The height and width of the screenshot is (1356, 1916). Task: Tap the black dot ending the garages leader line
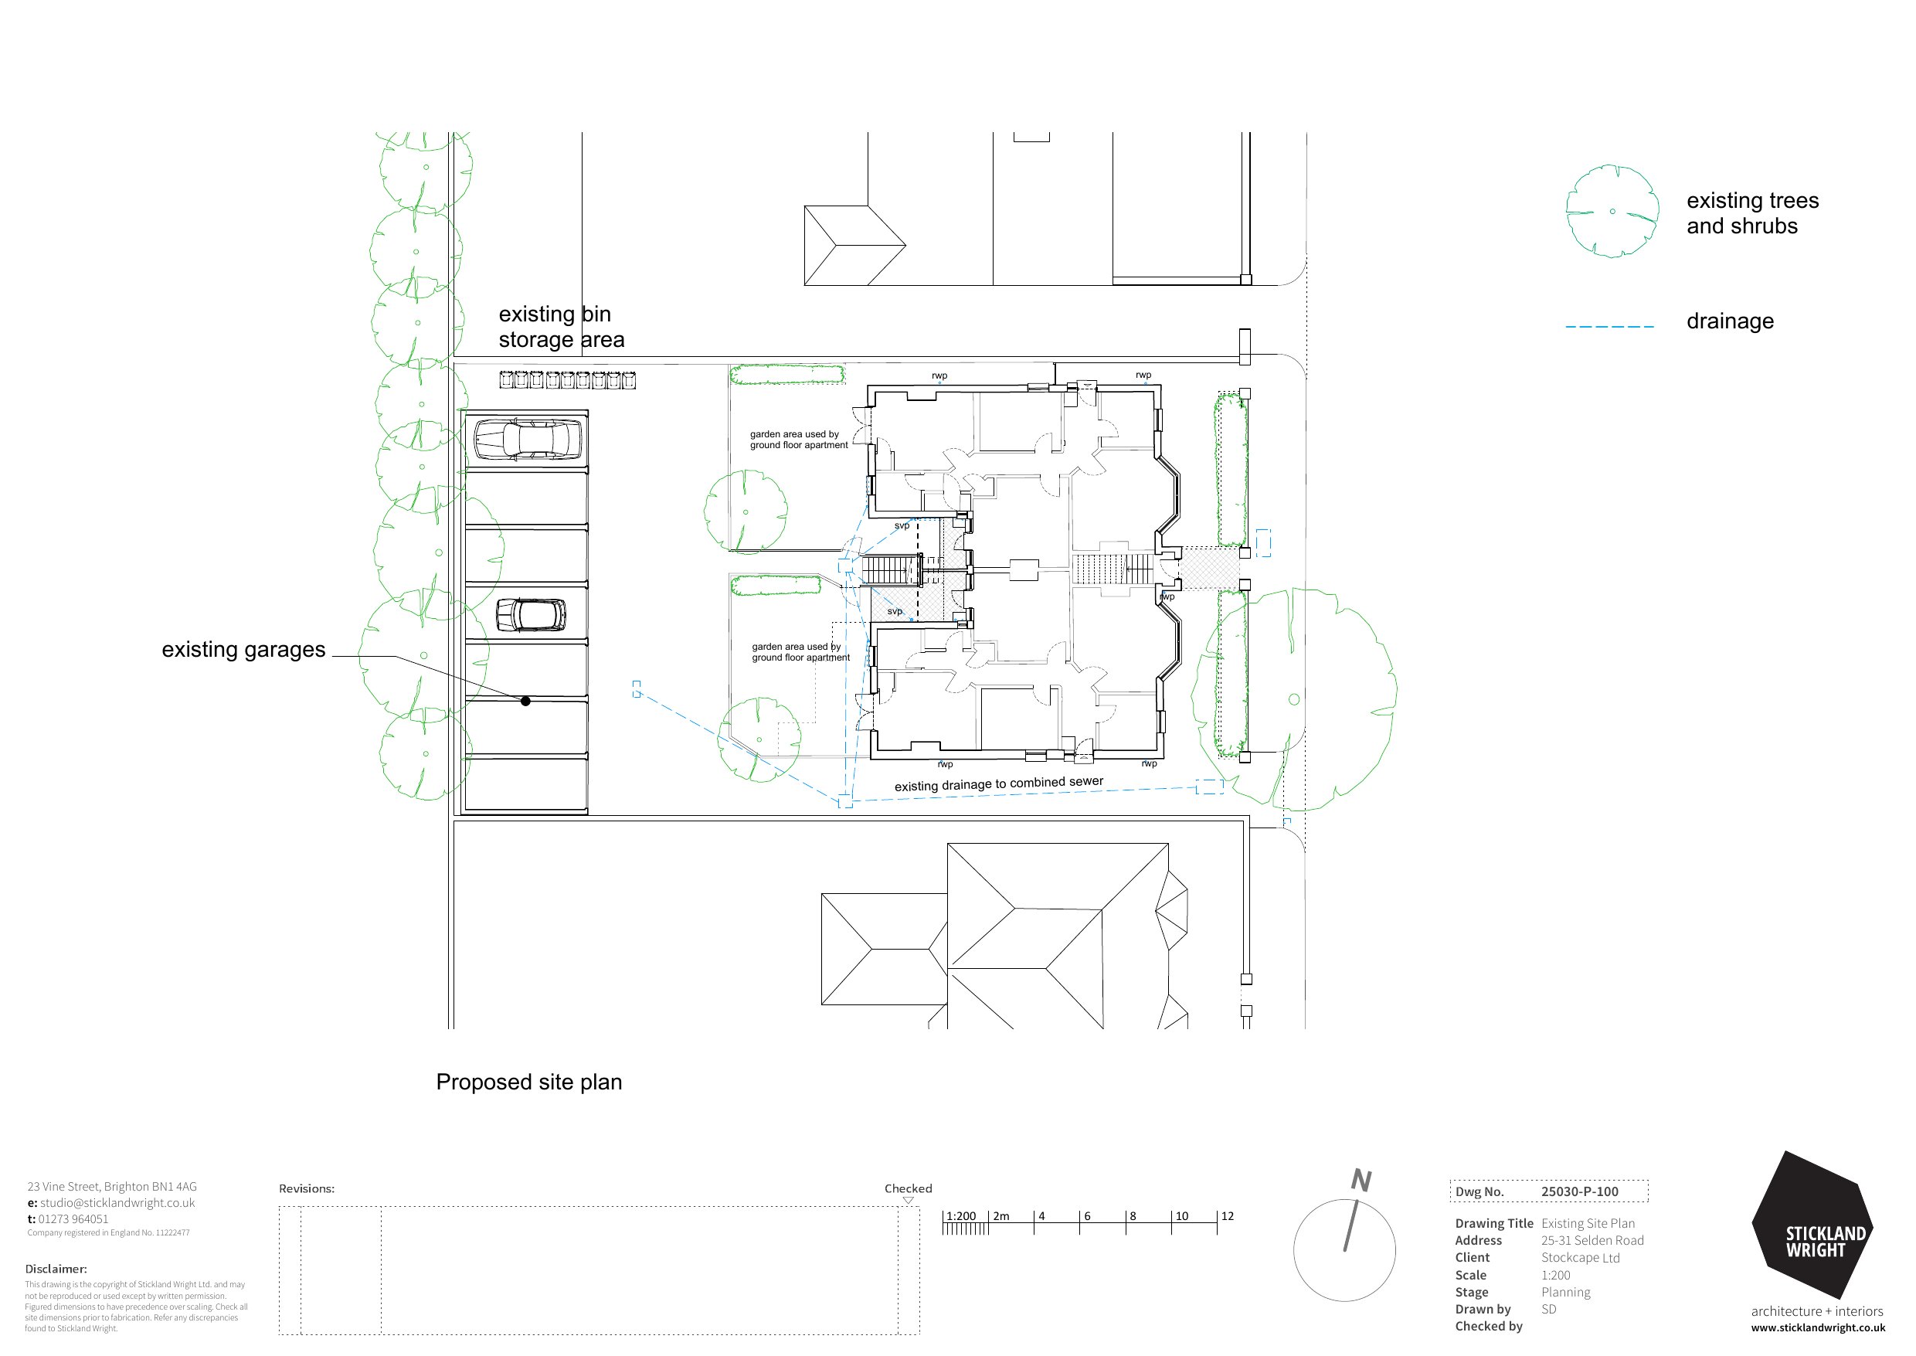(x=525, y=702)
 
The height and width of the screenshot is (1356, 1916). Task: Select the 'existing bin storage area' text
(x=561, y=327)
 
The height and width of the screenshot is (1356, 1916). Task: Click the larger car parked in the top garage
(x=528, y=439)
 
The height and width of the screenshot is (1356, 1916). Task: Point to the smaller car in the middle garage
(x=531, y=615)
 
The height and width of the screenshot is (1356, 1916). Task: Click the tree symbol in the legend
(x=1612, y=211)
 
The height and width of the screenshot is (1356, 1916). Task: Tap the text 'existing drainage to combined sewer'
(x=998, y=784)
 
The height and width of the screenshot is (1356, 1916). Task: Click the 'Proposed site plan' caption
(x=528, y=1082)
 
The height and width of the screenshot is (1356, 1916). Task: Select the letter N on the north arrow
(x=1361, y=1180)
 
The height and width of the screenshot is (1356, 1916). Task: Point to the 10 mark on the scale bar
(x=1181, y=1217)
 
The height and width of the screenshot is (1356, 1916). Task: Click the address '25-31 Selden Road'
(x=1592, y=1241)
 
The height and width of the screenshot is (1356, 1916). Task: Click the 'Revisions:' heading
(x=307, y=1189)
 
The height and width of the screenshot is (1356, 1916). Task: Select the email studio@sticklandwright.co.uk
(x=117, y=1203)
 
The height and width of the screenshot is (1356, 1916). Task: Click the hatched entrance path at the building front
(x=1209, y=568)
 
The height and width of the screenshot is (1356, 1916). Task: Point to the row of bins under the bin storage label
(x=567, y=381)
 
